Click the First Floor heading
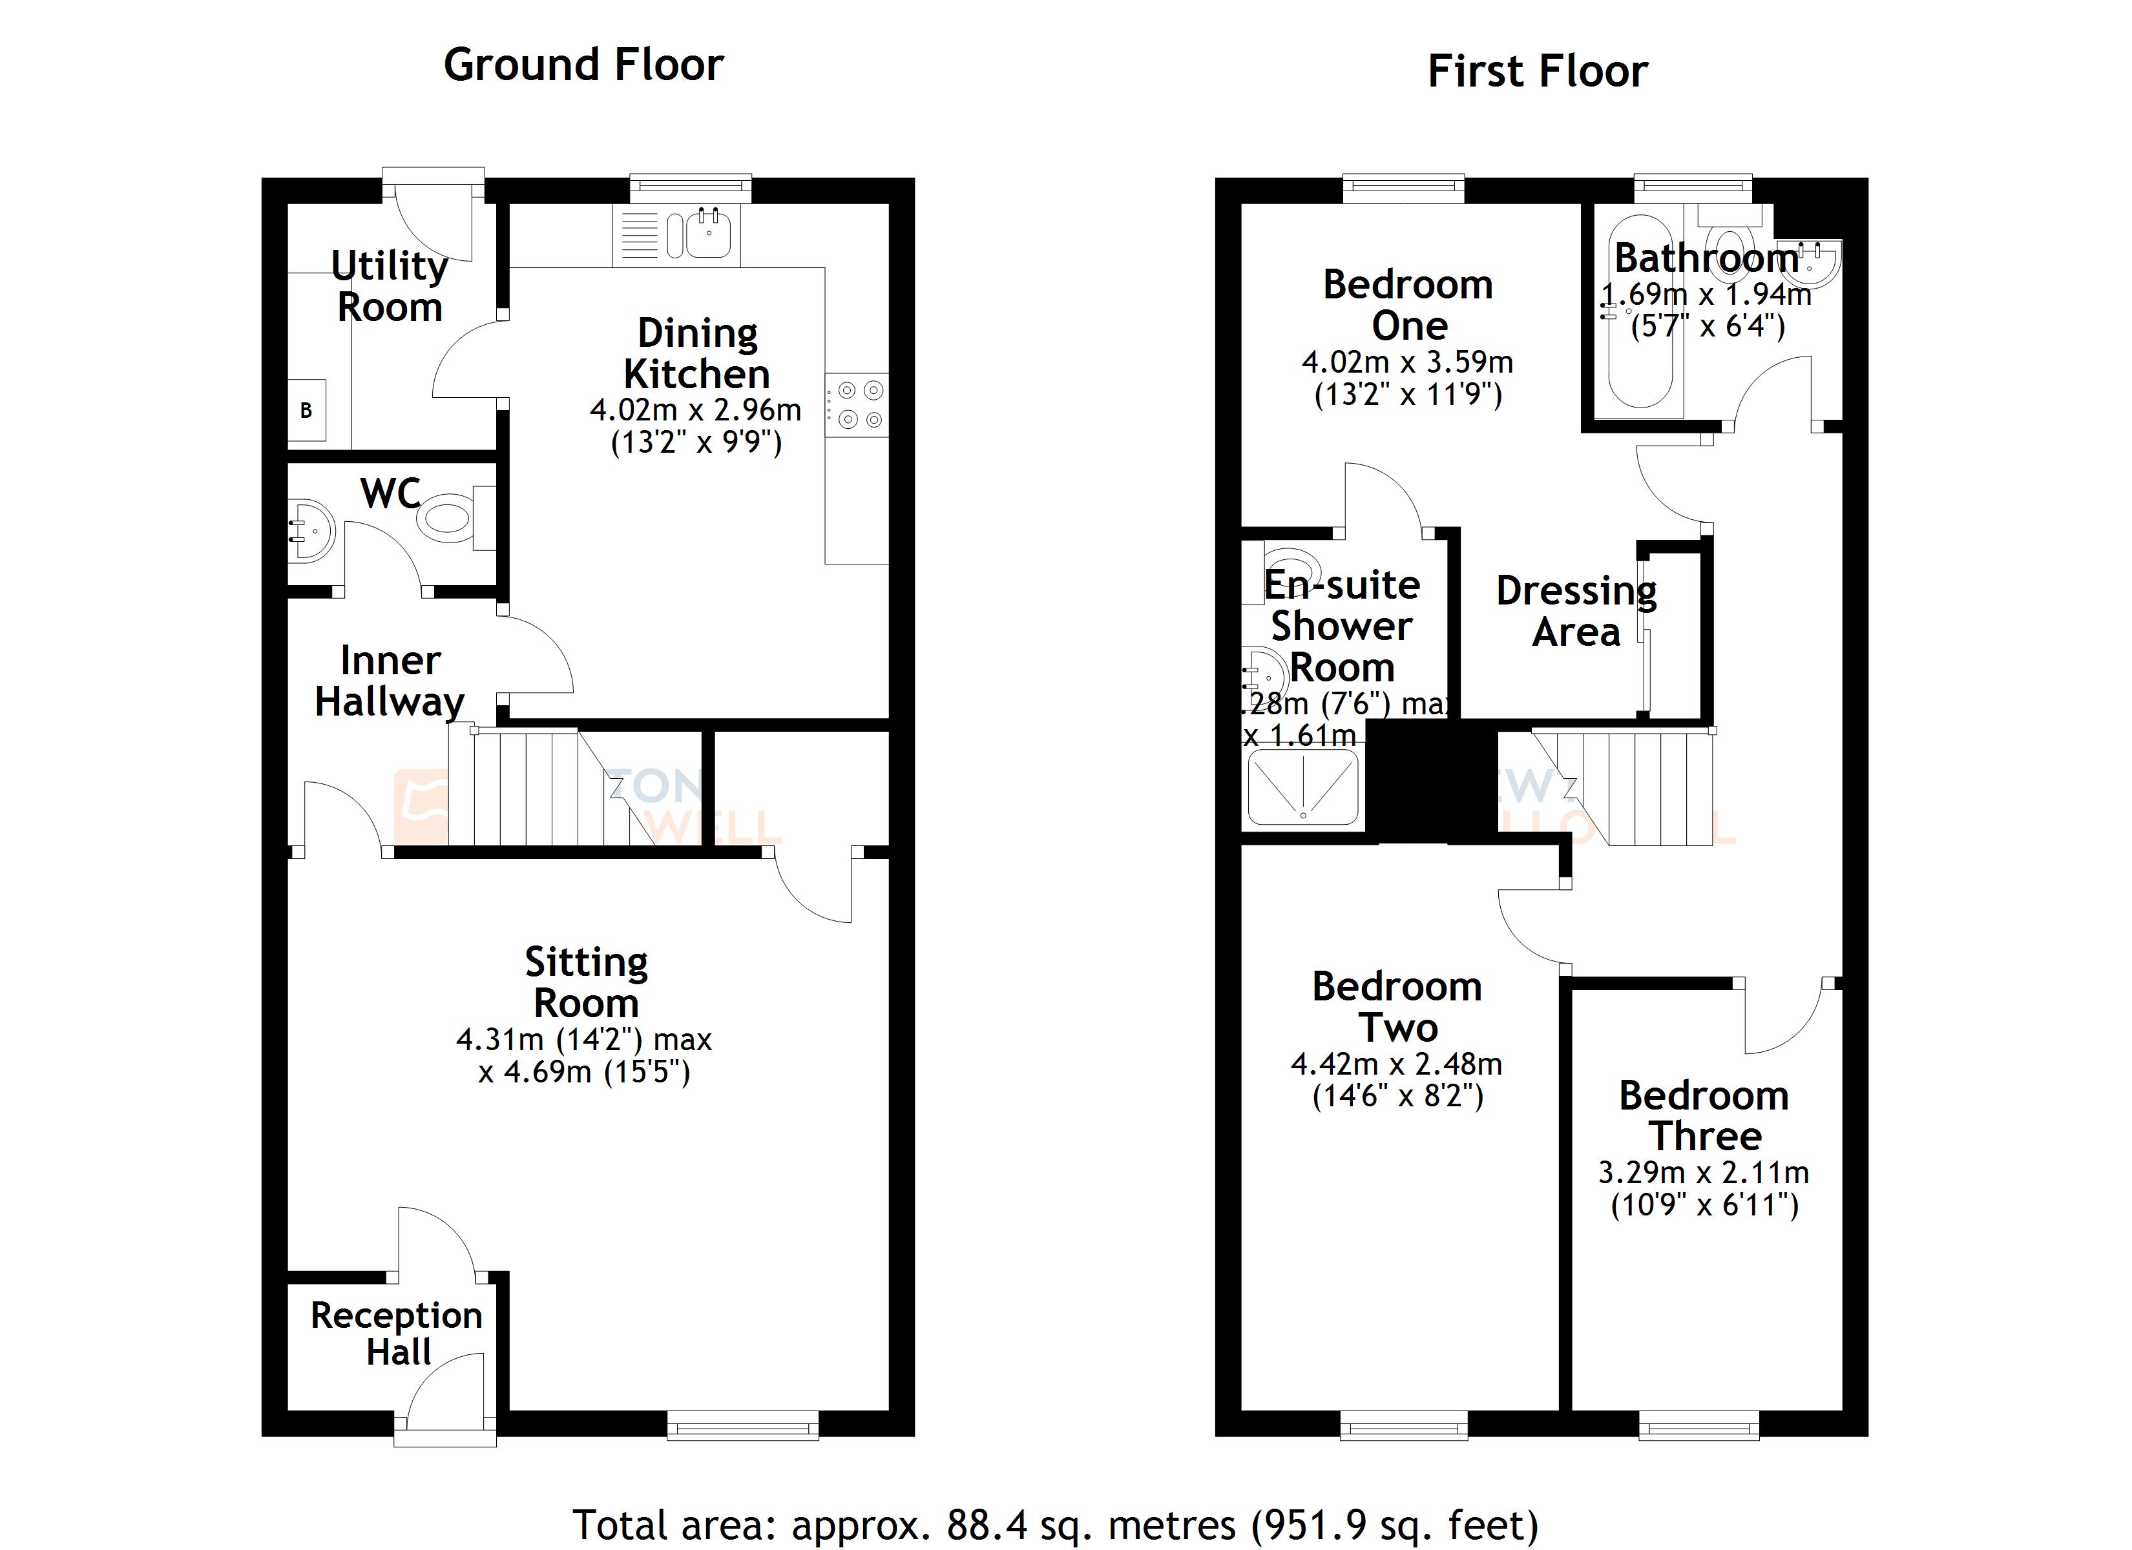[1537, 72]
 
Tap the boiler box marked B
[306, 411]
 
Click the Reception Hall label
[397, 1334]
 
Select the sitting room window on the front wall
[742, 1426]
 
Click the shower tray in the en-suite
[1303, 786]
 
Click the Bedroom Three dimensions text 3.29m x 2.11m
[1704, 1173]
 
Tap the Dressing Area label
[1576, 611]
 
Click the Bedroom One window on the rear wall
[1403, 188]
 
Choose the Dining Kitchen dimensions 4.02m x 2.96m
[696, 411]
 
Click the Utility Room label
[389, 285]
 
